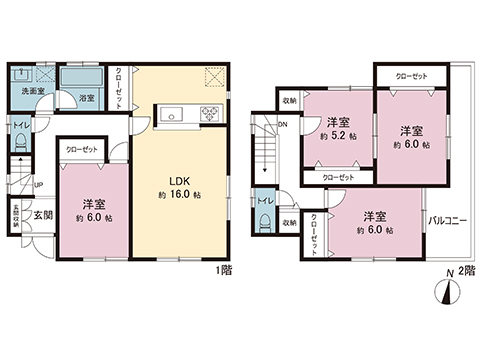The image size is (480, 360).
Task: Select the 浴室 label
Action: tap(87, 97)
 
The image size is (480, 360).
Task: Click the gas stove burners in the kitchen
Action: tap(213, 111)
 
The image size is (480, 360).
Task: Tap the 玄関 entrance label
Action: tap(42, 214)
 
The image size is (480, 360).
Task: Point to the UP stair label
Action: tap(38, 185)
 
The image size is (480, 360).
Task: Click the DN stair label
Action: tap(284, 124)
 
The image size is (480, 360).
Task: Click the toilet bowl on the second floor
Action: tap(264, 224)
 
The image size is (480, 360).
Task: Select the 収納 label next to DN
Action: tap(289, 102)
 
